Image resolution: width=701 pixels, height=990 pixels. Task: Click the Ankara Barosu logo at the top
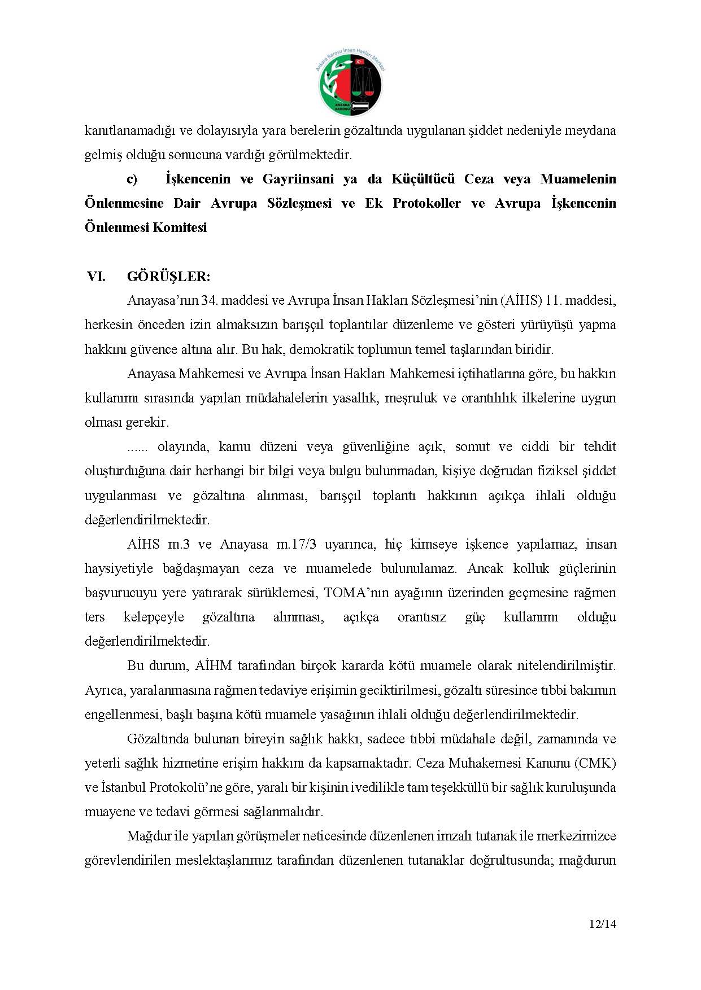pyautogui.click(x=350, y=84)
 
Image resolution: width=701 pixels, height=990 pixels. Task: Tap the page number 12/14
pyautogui.click(x=602, y=925)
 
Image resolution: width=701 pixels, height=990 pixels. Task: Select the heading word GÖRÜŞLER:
pyautogui.click(x=168, y=277)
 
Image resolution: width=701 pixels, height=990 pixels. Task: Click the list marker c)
pyautogui.click(x=132, y=179)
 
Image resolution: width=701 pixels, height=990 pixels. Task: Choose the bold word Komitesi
pyautogui.click(x=179, y=228)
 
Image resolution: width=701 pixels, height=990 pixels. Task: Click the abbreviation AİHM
pyautogui.click(x=213, y=665)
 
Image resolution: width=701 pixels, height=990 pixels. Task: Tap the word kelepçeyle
pyautogui.click(x=154, y=617)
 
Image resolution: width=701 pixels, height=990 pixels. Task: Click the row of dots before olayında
pyautogui.click(x=137, y=447)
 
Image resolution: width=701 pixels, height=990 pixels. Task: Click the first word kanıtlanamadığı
pyautogui.click(x=130, y=131)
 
